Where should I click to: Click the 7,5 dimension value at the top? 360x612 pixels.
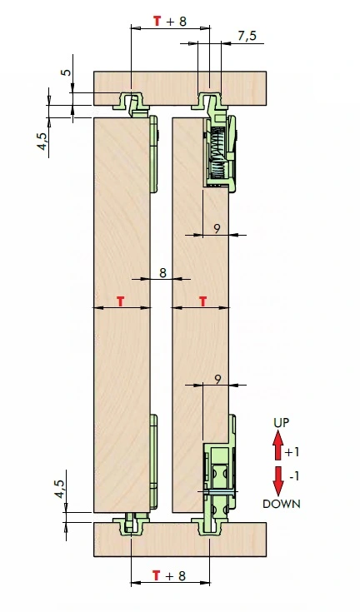click(x=247, y=36)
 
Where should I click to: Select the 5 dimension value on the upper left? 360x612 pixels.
click(x=67, y=72)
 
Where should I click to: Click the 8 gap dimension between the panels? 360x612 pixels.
click(x=162, y=272)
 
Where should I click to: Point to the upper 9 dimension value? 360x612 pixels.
click(x=217, y=229)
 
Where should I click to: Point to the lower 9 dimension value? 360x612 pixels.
click(x=218, y=379)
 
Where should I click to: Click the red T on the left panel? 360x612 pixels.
click(x=121, y=301)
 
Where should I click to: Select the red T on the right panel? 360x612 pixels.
click(x=203, y=301)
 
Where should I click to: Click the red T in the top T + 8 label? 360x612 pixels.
click(x=157, y=21)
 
